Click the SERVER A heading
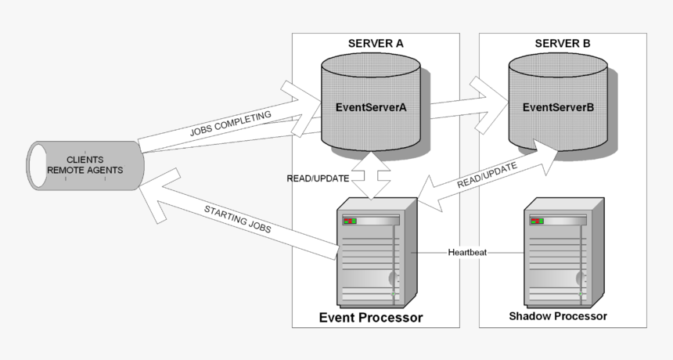[376, 43]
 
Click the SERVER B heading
[563, 43]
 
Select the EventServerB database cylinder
[558, 107]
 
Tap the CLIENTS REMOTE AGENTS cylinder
[85, 165]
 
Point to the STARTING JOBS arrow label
[238, 221]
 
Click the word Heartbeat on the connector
[468, 253]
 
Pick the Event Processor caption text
[371, 318]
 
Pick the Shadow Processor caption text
[558, 317]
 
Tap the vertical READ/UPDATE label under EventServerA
[318, 179]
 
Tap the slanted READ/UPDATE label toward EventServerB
[487, 176]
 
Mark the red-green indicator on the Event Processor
[349, 221]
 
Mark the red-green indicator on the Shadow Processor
[537, 221]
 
